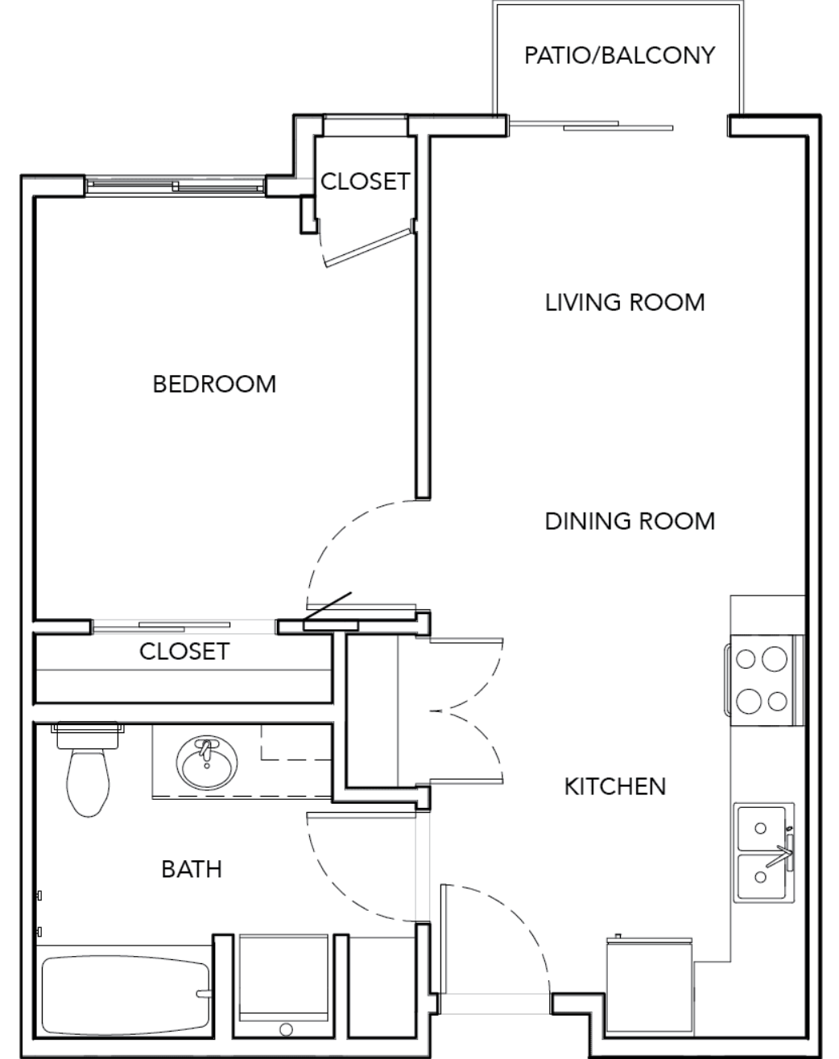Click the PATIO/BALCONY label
619,55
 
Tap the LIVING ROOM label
625,302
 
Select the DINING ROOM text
630,521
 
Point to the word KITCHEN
615,786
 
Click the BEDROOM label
214,385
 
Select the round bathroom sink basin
207,763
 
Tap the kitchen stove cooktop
763,680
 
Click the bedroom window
175,187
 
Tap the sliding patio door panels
591,125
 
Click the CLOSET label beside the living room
365,182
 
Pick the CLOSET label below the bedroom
184,652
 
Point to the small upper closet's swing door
368,248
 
